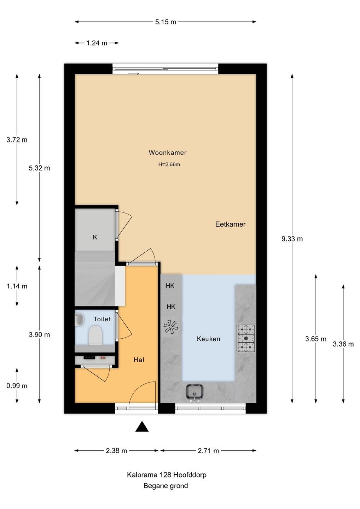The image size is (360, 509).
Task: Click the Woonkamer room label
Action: click(168, 152)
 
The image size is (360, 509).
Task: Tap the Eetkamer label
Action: click(230, 224)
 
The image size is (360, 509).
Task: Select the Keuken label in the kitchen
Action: click(208, 339)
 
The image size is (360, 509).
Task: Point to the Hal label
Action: click(139, 360)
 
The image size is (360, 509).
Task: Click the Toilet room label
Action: click(102, 319)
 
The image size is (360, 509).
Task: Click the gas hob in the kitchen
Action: click(246, 339)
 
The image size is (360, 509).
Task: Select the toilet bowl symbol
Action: click(95, 336)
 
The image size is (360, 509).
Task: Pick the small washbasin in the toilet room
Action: click(79, 320)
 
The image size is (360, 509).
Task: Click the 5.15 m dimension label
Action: click(166, 22)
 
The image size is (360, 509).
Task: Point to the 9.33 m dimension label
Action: click(292, 239)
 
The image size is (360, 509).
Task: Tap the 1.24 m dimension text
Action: click(97, 43)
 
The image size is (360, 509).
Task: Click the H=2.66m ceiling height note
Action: click(169, 164)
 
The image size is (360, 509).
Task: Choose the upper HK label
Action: click(170, 286)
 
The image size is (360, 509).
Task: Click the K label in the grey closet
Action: click(95, 237)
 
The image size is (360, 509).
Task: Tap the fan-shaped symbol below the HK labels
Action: click(170, 327)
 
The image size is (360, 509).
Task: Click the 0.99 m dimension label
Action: click(17, 386)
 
